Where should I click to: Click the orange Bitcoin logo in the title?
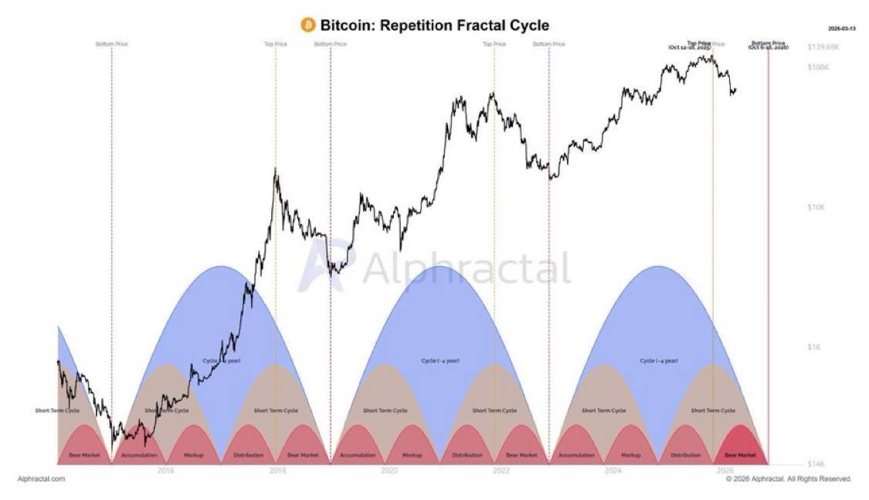308,26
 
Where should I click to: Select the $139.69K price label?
822,47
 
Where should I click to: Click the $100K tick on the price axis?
818,68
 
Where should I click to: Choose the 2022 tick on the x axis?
501,471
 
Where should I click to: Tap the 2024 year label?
613,471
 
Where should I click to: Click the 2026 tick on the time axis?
725,471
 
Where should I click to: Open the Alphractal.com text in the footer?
41,479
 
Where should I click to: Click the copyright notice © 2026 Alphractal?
788,479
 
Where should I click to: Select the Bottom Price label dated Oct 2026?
768,45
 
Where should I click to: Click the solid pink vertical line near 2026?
768,255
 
